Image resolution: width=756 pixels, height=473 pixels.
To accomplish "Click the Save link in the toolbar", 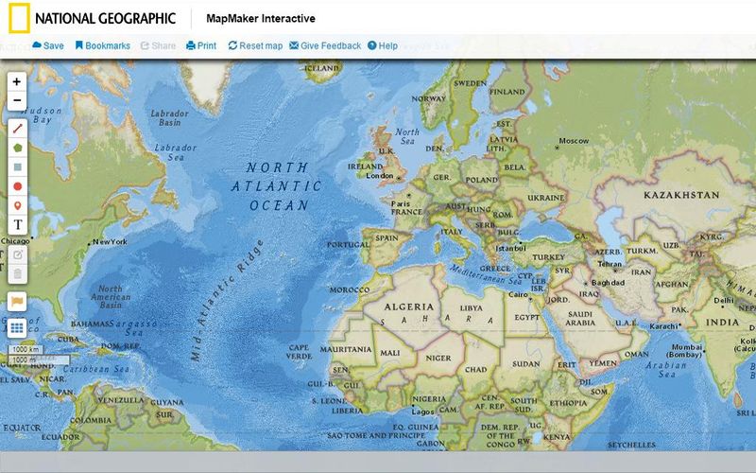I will pyautogui.click(x=48, y=45).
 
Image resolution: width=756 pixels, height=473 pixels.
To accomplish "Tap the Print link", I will pyautogui.click(x=201, y=45).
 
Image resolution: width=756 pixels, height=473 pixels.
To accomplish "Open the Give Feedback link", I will pyautogui.click(x=325, y=45).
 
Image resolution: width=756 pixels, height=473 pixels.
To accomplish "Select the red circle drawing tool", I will pyautogui.click(x=17, y=186).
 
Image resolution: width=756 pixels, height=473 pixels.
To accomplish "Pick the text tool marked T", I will pyautogui.click(x=17, y=224).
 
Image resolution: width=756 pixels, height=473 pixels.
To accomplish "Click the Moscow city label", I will pyautogui.click(x=573, y=141).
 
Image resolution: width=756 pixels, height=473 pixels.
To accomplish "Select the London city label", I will pyautogui.click(x=380, y=176).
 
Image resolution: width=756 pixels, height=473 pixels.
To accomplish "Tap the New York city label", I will pyautogui.click(x=110, y=242).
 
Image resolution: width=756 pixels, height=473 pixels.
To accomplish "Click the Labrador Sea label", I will pyautogui.click(x=175, y=152).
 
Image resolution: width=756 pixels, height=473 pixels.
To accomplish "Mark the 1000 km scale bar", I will pyautogui.click(x=25, y=349).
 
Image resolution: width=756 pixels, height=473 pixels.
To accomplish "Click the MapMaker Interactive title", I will pyautogui.click(x=261, y=19).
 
